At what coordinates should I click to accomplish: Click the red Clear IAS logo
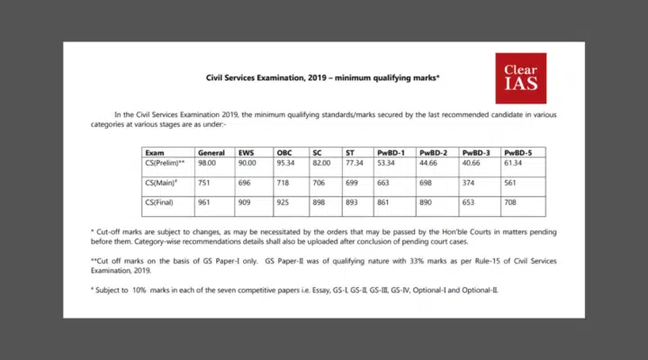pos(520,77)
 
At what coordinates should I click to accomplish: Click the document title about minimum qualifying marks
pos(323,79)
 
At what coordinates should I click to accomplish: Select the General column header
pos(211,153)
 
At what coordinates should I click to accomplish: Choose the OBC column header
pos(285,153)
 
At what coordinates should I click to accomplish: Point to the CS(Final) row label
pos(159,202)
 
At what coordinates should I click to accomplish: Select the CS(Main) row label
pos(162,183)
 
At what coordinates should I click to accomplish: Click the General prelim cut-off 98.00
pos(209,163)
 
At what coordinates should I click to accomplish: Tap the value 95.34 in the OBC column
pos(287,163)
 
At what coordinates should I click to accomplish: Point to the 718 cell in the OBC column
pos(283,183)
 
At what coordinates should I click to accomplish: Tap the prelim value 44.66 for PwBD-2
pos(430,163)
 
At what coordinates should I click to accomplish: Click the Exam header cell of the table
pos(155,153)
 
